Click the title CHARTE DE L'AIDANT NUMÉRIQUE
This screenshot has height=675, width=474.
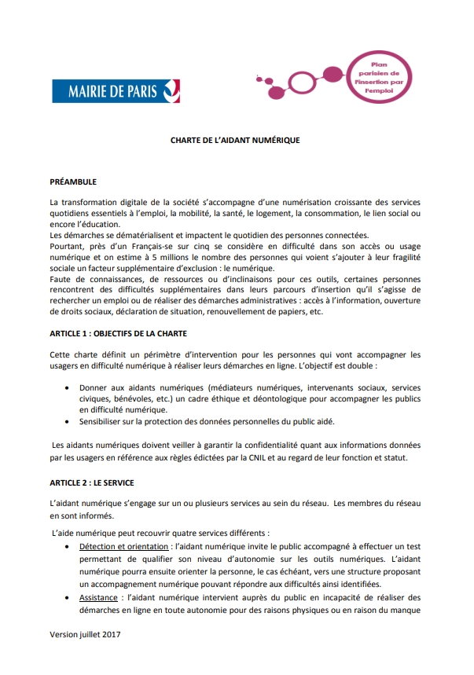[236, 141]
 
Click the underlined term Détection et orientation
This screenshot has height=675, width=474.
[124, 546]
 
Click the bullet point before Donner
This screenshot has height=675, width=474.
[71, 387]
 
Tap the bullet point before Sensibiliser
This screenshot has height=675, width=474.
[71, 421]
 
